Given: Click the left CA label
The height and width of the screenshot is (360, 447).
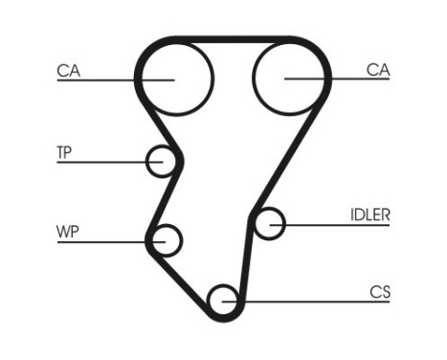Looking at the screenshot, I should (67, 69).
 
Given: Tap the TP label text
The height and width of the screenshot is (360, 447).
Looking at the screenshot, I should (65, 151).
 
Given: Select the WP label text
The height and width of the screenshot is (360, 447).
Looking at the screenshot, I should (67, 230).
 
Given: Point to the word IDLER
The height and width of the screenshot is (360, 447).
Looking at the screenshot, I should (369, 214).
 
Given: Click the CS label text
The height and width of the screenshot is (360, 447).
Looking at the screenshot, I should (380, 291).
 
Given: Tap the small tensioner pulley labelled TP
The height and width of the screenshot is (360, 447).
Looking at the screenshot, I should (161, 162).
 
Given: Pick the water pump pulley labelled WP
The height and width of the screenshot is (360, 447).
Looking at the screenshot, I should (168, 239).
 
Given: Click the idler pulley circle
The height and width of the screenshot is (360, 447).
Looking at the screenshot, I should (272, 224).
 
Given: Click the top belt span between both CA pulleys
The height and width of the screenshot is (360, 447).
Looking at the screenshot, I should (233, 40).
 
